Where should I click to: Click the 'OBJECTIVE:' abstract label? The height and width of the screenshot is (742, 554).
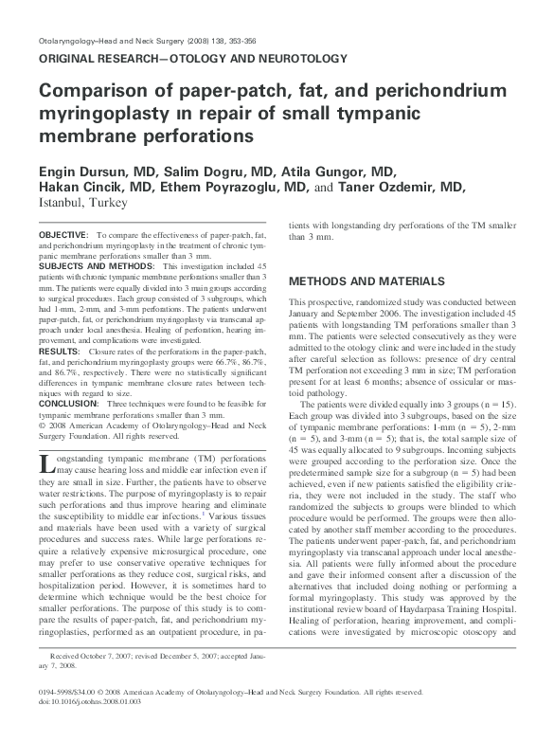(63, 233)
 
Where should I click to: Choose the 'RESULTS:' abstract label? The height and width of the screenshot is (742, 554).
(59, 351)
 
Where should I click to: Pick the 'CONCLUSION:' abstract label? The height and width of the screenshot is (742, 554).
(68, 404)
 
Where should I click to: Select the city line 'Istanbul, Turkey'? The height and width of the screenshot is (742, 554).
(78, 204)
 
